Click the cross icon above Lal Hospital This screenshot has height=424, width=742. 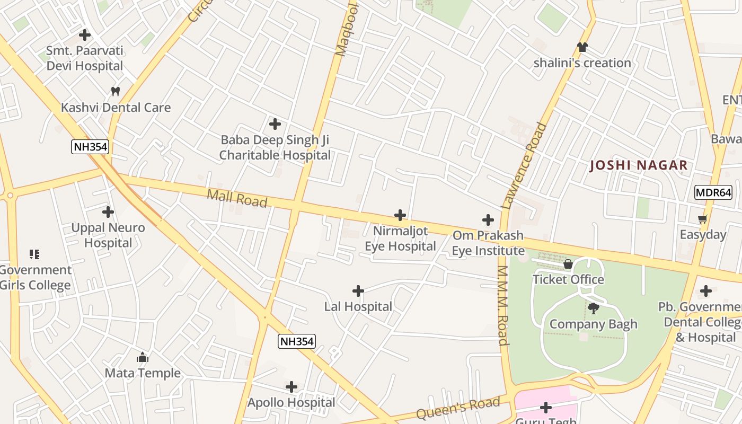[358, 291]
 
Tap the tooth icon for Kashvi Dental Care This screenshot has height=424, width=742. [115, 92]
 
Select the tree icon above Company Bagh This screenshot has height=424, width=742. [594, 308]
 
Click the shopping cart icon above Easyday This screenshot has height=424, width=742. [703, 219]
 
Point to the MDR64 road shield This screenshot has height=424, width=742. [713, 192]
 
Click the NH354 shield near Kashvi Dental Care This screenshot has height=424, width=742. [90, 147]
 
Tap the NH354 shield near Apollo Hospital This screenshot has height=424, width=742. [297, 341]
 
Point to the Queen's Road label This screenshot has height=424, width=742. [458, 408]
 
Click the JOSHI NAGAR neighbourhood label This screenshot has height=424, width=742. [639, 165]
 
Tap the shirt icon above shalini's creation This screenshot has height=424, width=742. [582, 47]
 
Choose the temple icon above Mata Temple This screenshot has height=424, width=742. [142, 358]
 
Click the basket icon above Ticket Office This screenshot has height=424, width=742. [568, 264]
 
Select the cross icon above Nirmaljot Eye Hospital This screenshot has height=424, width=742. [400, 215]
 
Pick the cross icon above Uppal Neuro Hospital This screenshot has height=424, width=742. [108, 212]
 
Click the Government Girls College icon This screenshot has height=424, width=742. [34, 254]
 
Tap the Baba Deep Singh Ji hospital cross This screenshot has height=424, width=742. [275, 124]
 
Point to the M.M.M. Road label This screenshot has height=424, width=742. [503, 305]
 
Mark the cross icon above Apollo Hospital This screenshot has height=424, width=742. [291, 387]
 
